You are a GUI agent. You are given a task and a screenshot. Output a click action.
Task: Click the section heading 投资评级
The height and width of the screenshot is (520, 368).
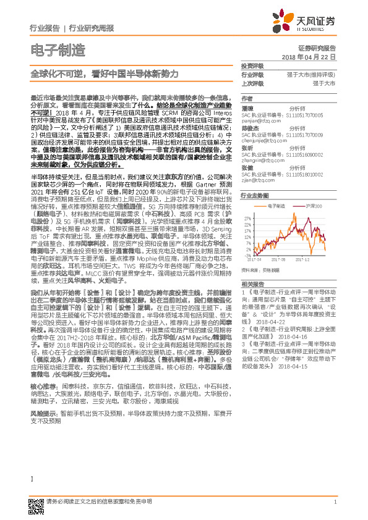(252, 65)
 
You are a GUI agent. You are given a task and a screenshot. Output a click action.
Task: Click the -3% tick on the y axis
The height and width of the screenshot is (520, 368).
(248, 254)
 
